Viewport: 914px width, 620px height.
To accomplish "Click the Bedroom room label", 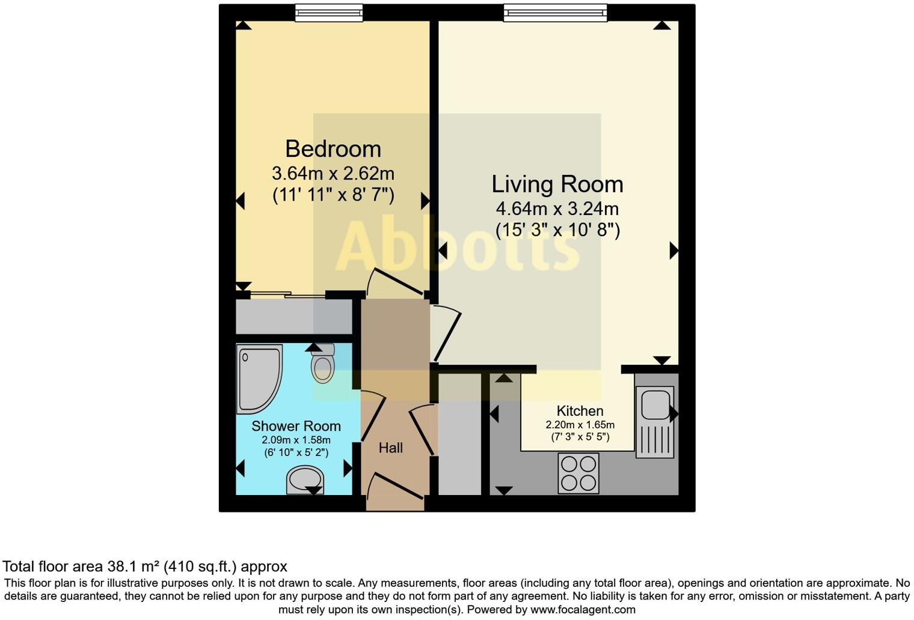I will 333,148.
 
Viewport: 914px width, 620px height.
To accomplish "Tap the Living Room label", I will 557,184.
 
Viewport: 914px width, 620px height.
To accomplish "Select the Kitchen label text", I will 580,411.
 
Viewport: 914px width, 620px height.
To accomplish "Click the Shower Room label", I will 296,426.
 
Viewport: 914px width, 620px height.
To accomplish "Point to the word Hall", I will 390,448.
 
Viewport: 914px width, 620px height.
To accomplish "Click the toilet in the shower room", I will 323,364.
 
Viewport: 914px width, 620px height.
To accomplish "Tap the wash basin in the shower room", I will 305,479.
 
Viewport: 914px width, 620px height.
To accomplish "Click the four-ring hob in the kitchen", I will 578,473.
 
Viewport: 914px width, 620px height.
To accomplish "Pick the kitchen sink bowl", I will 655,404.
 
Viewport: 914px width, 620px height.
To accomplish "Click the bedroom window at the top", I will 329,12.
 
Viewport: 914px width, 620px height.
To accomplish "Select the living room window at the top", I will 555,12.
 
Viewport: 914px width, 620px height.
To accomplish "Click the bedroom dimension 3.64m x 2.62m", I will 333,174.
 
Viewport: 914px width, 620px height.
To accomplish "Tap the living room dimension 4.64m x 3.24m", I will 557,209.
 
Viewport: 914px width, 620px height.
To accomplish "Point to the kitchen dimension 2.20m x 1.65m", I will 580,425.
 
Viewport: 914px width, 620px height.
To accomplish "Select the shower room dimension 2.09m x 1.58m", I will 296,440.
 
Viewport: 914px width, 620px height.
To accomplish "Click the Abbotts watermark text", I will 457,246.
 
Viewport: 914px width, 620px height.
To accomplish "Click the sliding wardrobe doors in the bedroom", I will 287,294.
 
